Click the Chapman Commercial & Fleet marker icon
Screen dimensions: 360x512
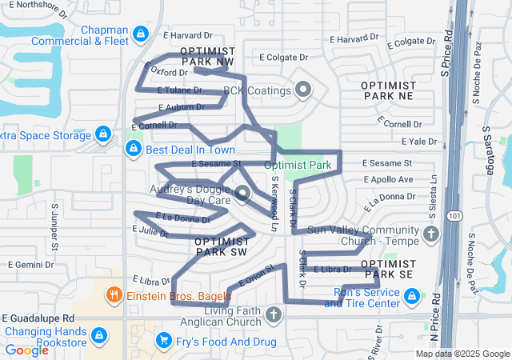[141, 33]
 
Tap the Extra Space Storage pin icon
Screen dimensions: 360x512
[102, 134]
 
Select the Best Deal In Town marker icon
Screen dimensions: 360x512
[134, 148]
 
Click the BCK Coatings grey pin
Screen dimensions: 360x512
[302, 90]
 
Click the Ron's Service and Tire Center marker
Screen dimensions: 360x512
[411, 297]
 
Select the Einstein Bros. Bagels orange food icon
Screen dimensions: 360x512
[115, 295]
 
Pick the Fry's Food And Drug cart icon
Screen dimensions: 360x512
[164, 341]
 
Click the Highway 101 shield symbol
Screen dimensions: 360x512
[454, 215]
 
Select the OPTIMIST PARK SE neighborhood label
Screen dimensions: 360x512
[387, 270]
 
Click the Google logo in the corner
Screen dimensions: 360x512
[27, 350]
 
